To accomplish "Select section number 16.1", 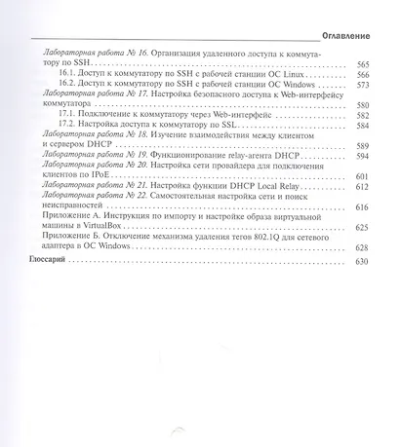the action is pos(66,74).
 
